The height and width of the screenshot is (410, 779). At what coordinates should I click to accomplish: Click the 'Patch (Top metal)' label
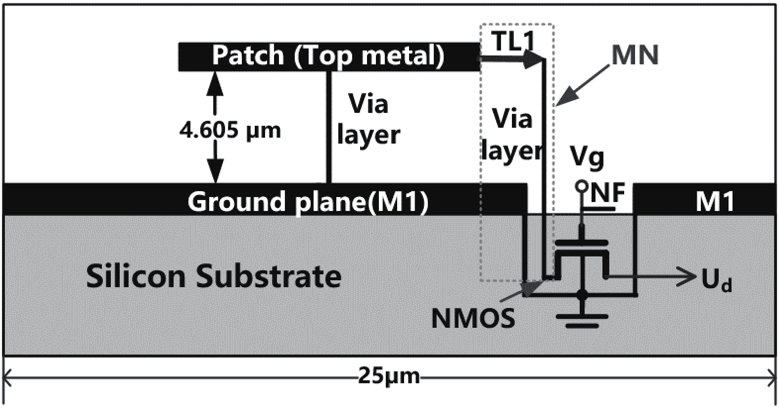click(x=328, y=55)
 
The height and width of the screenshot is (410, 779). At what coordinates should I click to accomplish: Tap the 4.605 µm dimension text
click(x=230, y=130)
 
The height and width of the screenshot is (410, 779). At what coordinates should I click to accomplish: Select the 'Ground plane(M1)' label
click(x=308, y=202)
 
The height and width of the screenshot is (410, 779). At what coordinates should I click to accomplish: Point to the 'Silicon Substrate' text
click(x=214, y=276)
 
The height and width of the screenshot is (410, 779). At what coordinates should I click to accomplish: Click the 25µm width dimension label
click(x=389, y=377)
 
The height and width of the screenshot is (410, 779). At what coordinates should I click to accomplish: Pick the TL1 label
click(x=513, y=42)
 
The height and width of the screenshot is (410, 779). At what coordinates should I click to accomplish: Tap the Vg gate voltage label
click(x=588, y=158)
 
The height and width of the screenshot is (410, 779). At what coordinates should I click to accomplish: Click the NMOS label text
click(x=473, y=318)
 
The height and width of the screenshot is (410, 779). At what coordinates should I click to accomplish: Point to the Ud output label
click(x=716, y=282)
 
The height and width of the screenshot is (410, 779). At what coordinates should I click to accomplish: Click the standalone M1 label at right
click(x=715, y=202)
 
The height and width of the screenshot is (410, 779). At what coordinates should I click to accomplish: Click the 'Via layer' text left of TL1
click(x=368, y=119)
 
